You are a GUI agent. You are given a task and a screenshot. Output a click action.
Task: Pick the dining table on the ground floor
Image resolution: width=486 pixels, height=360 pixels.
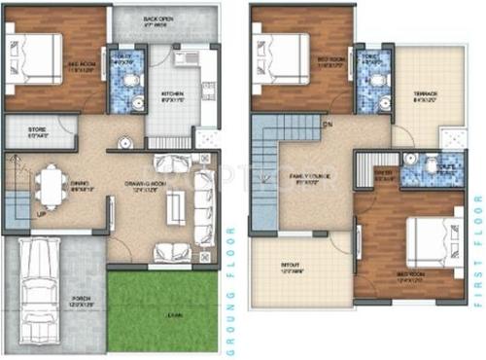[x=49, y=182]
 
